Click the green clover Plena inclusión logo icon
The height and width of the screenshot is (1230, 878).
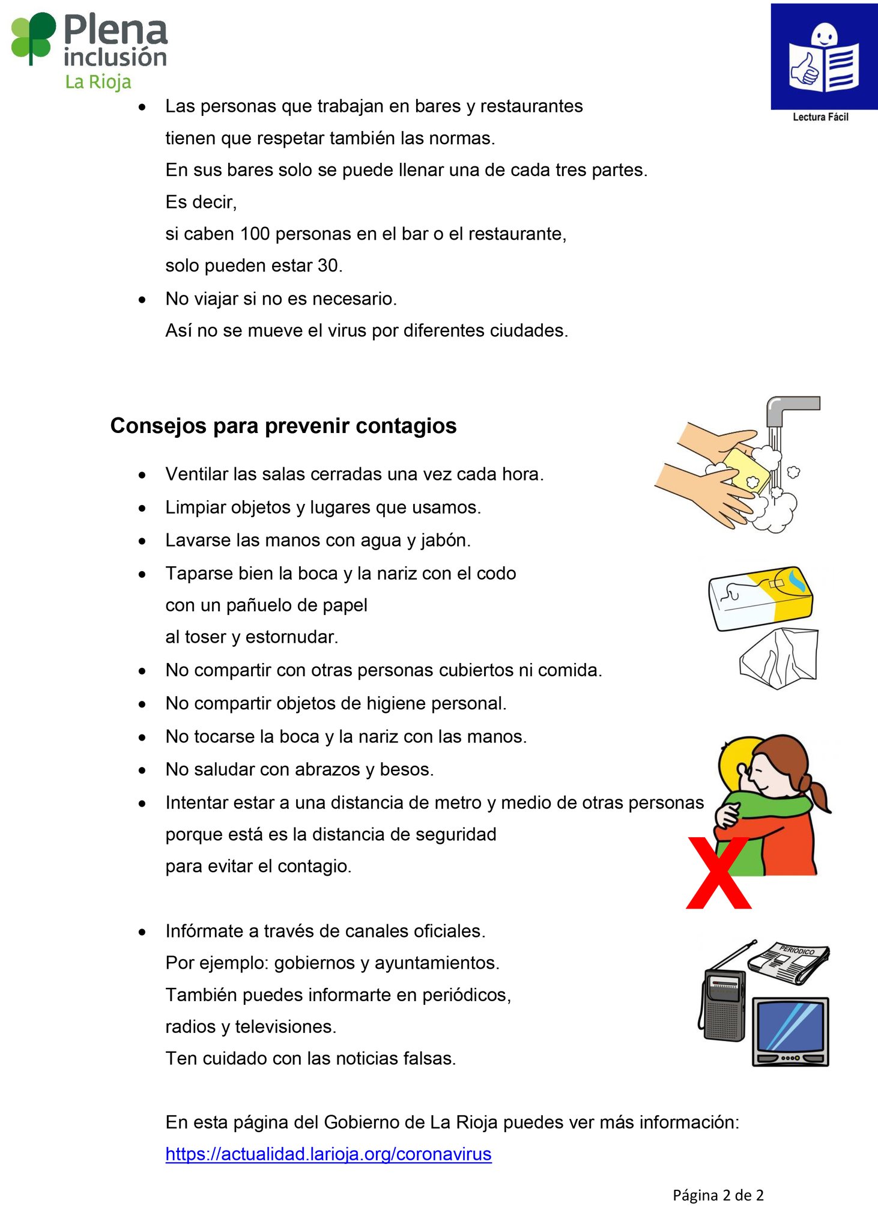click(x=34, y=38)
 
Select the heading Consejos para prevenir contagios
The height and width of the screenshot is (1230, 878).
click(x=283, y=426)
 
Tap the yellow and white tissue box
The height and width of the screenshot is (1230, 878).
click(x=761, y=598)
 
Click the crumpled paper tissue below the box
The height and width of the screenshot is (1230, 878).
click(x=780, y=659)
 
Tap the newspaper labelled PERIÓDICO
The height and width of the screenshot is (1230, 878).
click(x=789, y=960)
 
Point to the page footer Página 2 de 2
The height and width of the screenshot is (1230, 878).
click(x=718, y=1195)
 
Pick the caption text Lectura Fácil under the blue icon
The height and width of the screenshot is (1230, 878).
click(x=820, y=117)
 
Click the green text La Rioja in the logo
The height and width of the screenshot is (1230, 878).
click(x=98, y=82)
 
